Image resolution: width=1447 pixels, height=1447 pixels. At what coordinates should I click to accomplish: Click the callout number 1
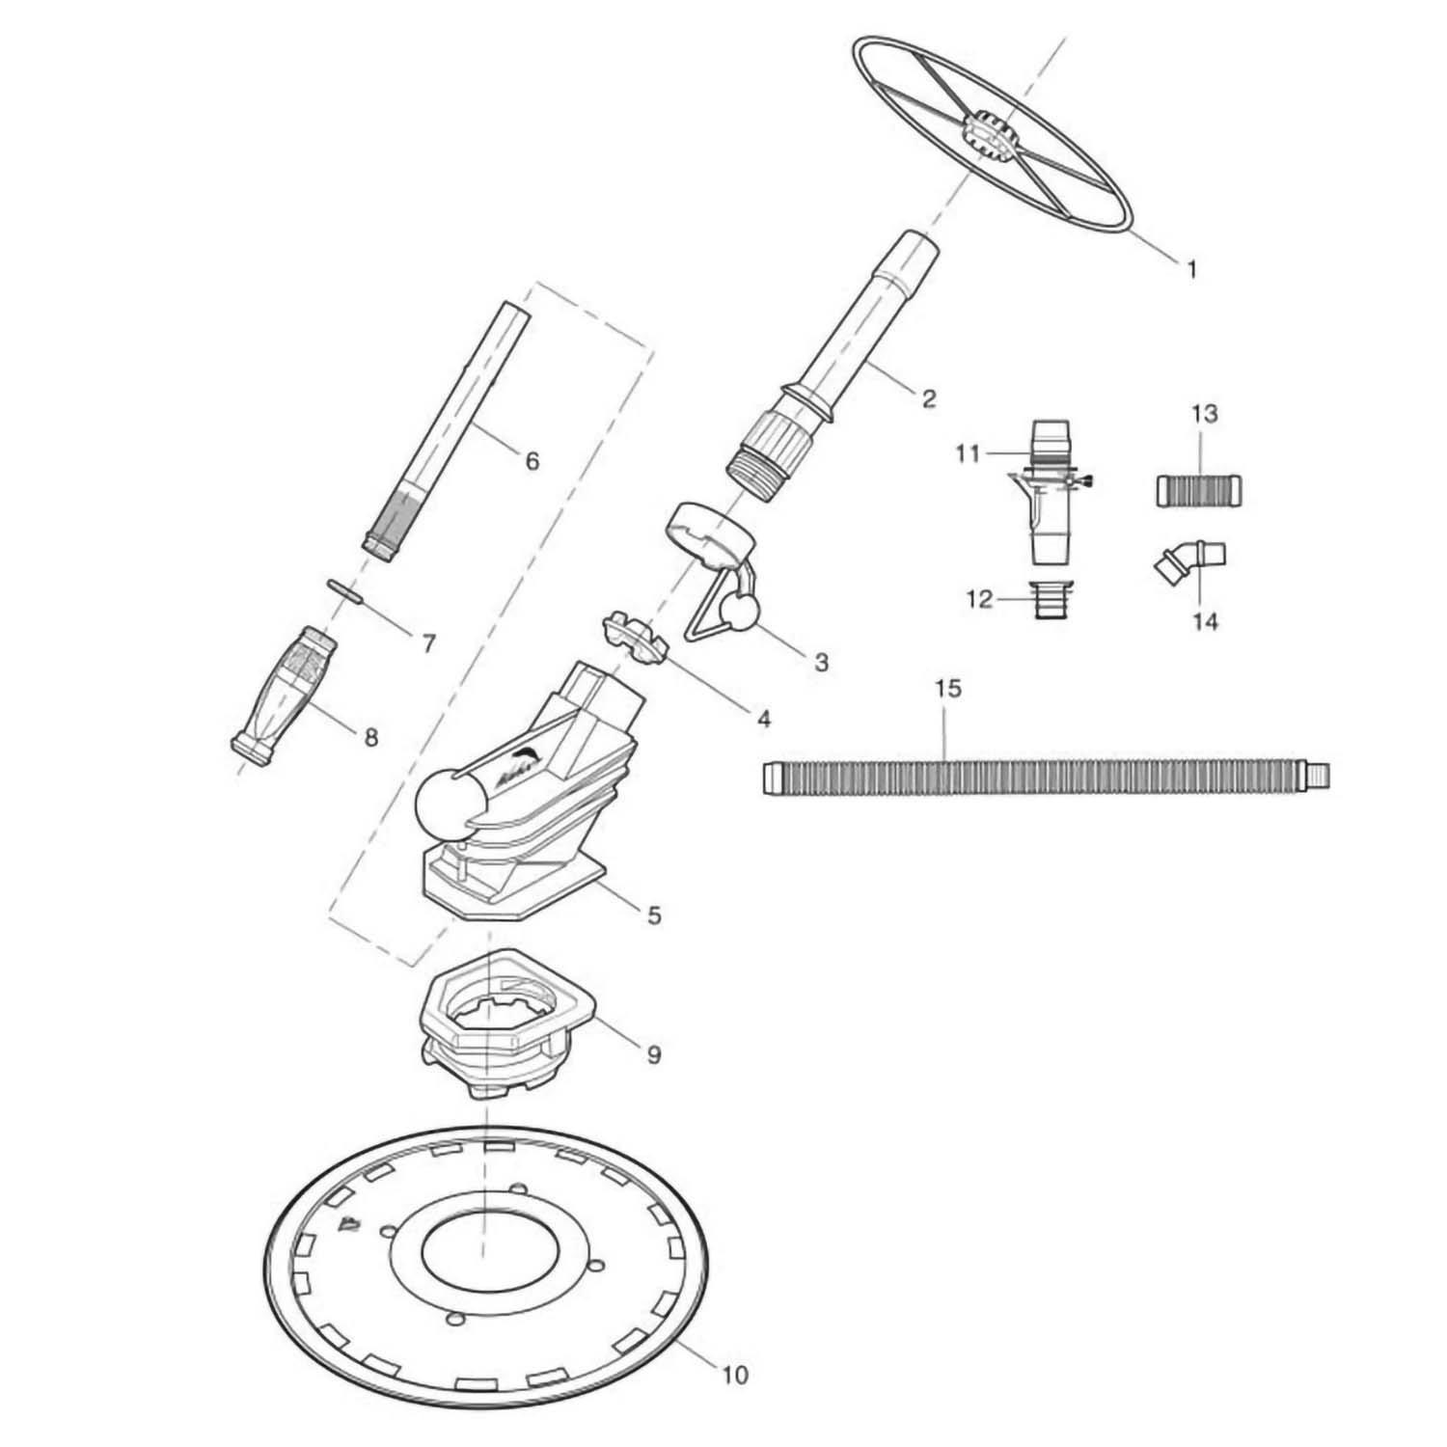tap(1191, 269)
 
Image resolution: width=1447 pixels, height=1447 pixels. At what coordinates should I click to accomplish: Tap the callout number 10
tap(735, 1374)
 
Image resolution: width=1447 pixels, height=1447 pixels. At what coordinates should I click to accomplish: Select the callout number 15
tap(948, 689)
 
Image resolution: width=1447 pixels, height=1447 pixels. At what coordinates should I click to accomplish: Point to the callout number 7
tap(429, 642)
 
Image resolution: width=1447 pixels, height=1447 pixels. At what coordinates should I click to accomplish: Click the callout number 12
tap(979, 599)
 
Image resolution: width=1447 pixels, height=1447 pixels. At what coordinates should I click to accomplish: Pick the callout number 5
tap(654, 914)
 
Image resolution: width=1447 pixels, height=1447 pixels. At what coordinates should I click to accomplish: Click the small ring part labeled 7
tap(343, 588)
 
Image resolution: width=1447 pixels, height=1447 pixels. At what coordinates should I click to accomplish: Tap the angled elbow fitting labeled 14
tap(1189, 561)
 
